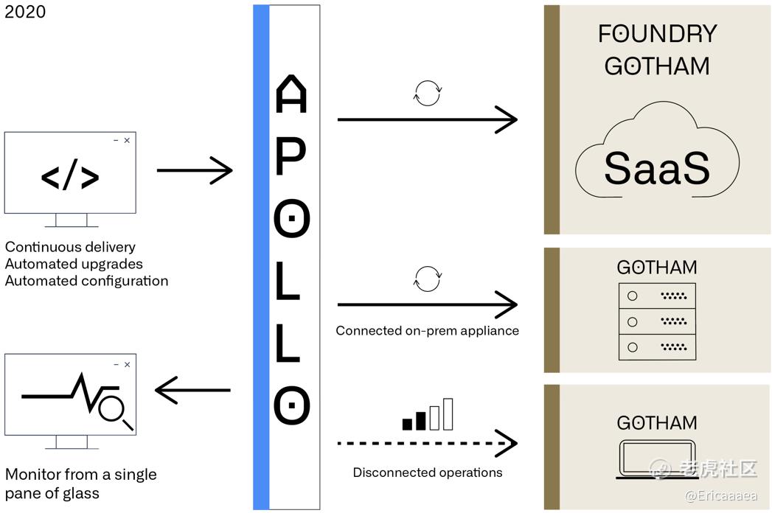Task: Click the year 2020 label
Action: coord(25,11)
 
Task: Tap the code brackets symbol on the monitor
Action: coord(70,175)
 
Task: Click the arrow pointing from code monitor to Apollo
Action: coord(195,170)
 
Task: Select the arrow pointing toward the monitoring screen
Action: coord(192,391)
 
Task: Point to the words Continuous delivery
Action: coord(70,247)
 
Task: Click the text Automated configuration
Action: coord(87,281)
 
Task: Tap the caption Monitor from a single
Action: coord(81,474)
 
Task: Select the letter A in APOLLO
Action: coord(291,94)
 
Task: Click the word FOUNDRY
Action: coord(657,33)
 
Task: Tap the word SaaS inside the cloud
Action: coord(657,168)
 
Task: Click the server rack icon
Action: coord(657,321)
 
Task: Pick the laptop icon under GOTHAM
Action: coord(657,459)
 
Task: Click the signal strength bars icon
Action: coord(428,414)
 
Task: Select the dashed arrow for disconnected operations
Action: coord(428,443)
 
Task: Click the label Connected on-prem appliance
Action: coord(428,330)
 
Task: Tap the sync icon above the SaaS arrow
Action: coord(428,93)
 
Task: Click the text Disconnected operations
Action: coord(428,472)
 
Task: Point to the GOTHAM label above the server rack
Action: coord(657,268)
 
